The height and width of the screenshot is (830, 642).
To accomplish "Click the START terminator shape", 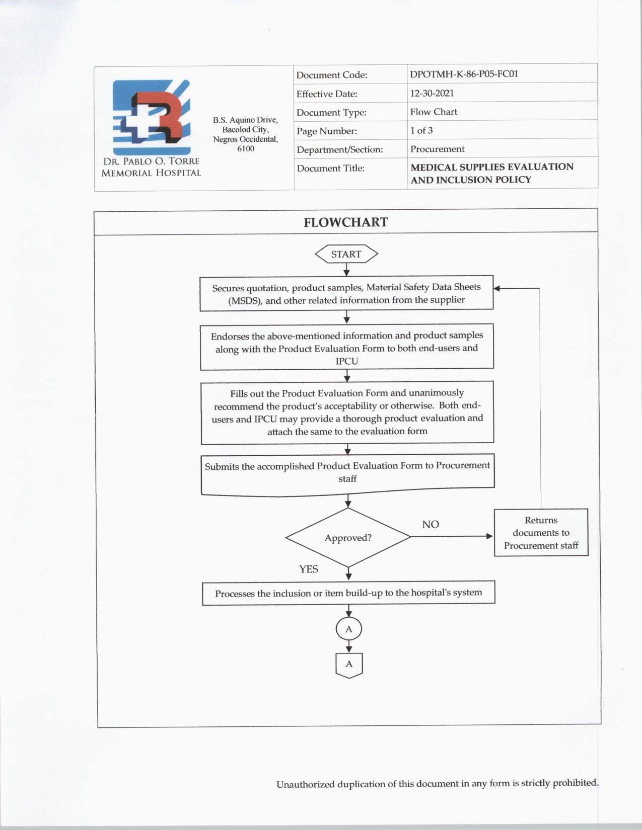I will pyautogui.click(x=346, y=254).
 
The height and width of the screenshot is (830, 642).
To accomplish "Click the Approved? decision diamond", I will pyautogui.click(x=348, y=537).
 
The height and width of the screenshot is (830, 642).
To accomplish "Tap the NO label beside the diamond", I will pyautogui.click(x=431, y=524).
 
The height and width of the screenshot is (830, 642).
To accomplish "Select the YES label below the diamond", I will pyautogui.click(x=309, y=569).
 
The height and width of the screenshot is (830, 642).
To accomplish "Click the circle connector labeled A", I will pyautogui.click(x=348, y=629).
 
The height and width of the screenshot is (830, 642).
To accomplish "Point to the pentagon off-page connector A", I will pyautogui.click(x=349, y=665).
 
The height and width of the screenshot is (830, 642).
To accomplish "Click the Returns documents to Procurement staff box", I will pyautogui.click(x=541, y=533).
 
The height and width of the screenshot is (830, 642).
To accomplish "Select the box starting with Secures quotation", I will pyautogui.click(x=346, y=293).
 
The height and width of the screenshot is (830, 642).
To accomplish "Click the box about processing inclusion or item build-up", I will pyautogui.click(x=348, y=593).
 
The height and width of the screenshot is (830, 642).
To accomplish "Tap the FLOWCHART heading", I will pyautogui.click(x=346, y=222).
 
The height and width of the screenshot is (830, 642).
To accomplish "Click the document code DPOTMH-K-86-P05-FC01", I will pyautogui.click(x=464, y=74).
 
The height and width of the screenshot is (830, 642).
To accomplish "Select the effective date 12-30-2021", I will pyautogui.click(x=432, y=93).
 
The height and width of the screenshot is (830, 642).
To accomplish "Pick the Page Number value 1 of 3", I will pyautogui.click(x=421, y=130).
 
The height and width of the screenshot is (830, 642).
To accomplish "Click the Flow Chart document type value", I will pyautogui.click(x=434, y=112).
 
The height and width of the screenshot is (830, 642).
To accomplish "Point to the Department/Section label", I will pyautogui.click(x=340, y=149).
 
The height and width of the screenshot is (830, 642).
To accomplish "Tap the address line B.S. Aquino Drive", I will pyautogui.click(x=245, y=120).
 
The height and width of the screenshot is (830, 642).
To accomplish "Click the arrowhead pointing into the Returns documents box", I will pyautogui.click(x=489, y=536).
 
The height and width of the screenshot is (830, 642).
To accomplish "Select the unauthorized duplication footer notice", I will pyautogui.click(x=437, y=784).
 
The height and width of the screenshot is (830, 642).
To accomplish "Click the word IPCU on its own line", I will pyautogui.click(x=347, y=361).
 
